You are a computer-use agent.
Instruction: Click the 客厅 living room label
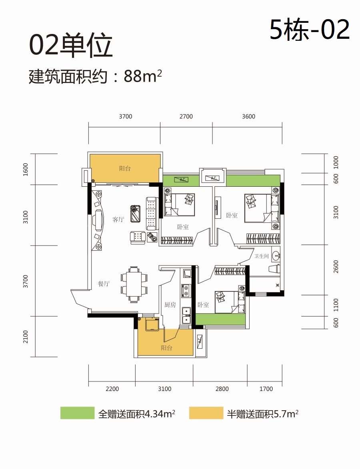[118, 220]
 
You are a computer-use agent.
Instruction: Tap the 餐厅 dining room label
[104, 284]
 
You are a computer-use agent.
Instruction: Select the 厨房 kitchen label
[170, 305]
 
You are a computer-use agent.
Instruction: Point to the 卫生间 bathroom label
[261, 256]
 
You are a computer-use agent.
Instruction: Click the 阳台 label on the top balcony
[125, 168]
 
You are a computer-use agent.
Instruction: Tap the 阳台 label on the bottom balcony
[166, 348]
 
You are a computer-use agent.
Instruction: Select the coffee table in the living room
[136, 213]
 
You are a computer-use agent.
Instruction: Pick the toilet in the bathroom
[274, 269]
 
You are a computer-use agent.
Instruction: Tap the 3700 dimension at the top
[125, 117]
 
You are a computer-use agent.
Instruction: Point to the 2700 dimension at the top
[186, 117]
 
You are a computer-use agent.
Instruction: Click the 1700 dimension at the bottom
[266, 389]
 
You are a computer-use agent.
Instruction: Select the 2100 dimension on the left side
[26, 337]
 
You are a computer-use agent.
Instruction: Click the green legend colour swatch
[77, 413]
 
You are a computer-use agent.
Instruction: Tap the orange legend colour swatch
[206, 413]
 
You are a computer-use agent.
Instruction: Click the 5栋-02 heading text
[310, 29]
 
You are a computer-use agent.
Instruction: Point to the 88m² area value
[143, 76]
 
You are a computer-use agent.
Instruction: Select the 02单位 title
[71, 46]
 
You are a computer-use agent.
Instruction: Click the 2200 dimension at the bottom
[112, 389]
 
